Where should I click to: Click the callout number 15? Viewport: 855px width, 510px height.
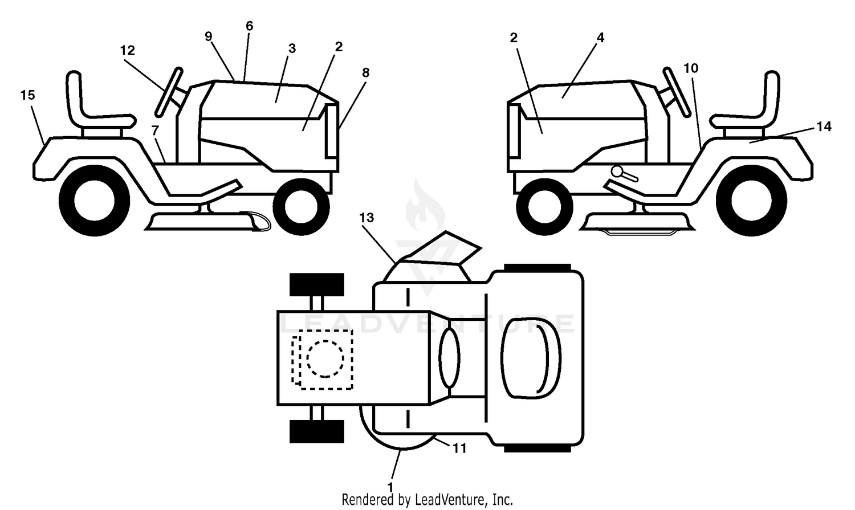pyautogui.click(x=27, y=95)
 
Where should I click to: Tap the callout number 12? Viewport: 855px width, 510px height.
pyautogui.click(x=128, y=50)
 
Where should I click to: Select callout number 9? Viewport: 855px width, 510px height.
pyautogui.click(x=209, y=36)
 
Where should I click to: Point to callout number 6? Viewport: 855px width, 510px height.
pyautogui.click(x=249, y=26)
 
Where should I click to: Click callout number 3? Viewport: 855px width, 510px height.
pyautogui.click(x=292, y=48)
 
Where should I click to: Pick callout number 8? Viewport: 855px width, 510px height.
pyautogui.click(x=366, y=72)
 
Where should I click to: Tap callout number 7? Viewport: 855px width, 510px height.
pyautogui.click(x=154, y=130)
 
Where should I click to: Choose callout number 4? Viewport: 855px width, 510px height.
pyautogui.click(x=600, y=38)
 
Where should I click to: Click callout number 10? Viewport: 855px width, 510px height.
pyautogui.click(x=691, y=68)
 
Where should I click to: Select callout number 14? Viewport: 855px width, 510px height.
pyautogui.click(x=824, y=127)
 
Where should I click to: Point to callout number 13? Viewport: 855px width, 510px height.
pyautogui.click(x=367, y=218)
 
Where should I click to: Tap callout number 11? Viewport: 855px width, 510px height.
pyautogui.click(x=459, y=448)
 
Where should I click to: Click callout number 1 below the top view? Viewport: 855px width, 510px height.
pyautogui.click(x=390, y=487)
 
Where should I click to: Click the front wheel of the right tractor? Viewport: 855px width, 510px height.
pyautogui.click(x=544, y=207)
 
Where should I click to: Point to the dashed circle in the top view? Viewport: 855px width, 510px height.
pyautogui.click(x=325, y=359)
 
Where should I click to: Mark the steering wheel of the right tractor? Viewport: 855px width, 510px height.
pyautogui.click(x=677, y=92)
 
